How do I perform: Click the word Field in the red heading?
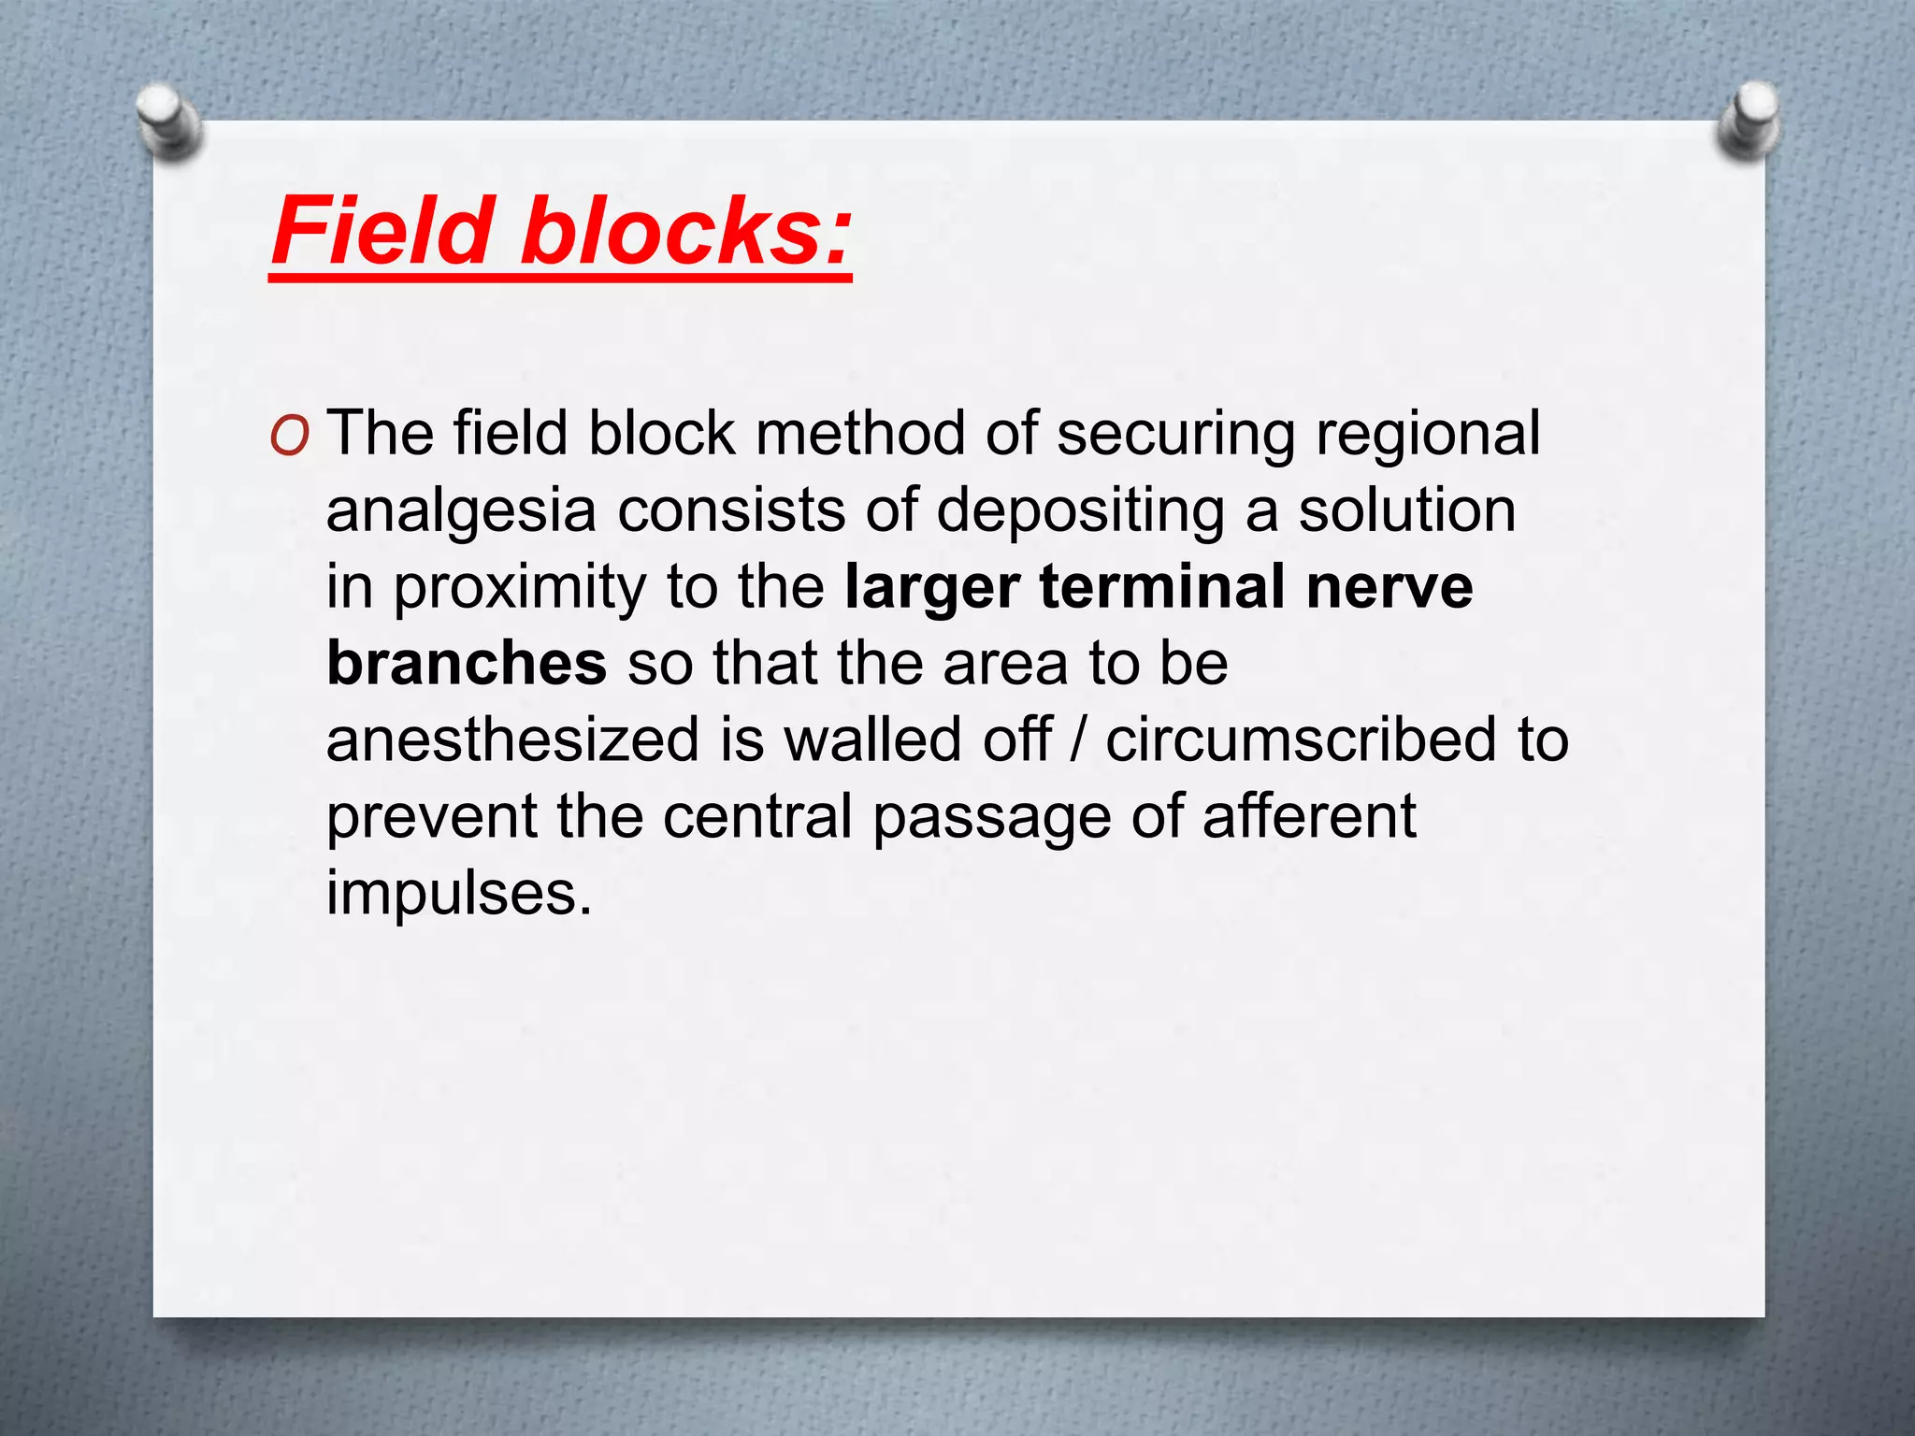[382, 230]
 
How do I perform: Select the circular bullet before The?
[289, 438]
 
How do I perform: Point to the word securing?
[1176, 436]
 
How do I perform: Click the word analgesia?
[461, 512]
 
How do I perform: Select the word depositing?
[1080, 512]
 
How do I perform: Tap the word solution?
[1407, 510]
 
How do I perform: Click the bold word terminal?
[1162, 587]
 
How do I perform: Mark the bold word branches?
[467, 664]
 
